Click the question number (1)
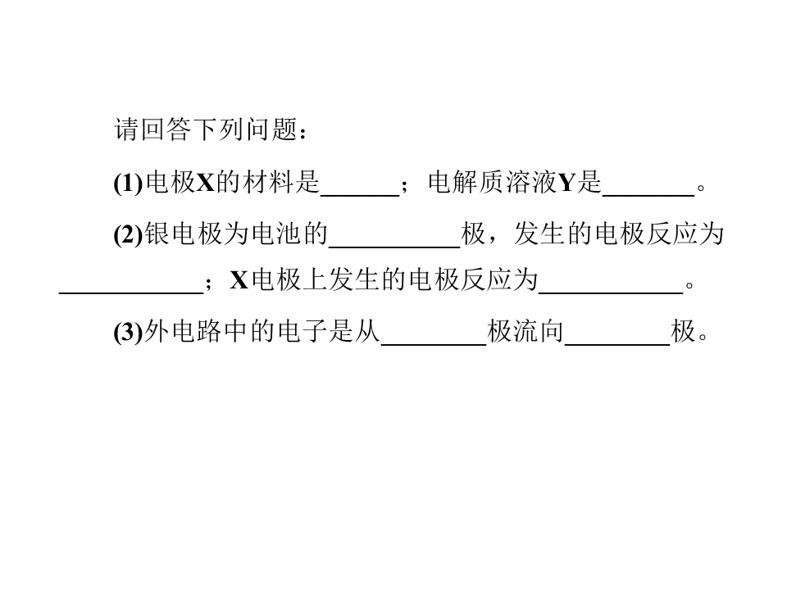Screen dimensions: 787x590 (129, 183)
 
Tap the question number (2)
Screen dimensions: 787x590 (129, 234)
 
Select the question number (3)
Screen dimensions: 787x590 (129, 332)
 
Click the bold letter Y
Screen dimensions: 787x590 (566, 183)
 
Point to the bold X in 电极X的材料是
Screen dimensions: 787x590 (205, 183)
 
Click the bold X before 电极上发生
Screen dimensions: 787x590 (239, 280)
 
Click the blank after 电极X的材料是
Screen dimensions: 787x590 (360, 195)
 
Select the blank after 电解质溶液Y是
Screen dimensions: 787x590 (648, 195)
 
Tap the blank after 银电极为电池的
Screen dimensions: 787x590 (394, 247)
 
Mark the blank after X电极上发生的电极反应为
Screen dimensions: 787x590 (611, 293)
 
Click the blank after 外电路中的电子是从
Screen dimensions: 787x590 (434, 344)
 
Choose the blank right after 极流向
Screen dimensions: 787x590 (617, 344)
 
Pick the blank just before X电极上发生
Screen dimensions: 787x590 (131, 293)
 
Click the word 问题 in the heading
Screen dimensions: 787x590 (271, 130)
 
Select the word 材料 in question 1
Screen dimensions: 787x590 (268, 182)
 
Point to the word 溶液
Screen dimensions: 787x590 (531, 182)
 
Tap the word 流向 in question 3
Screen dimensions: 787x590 (539, 331)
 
